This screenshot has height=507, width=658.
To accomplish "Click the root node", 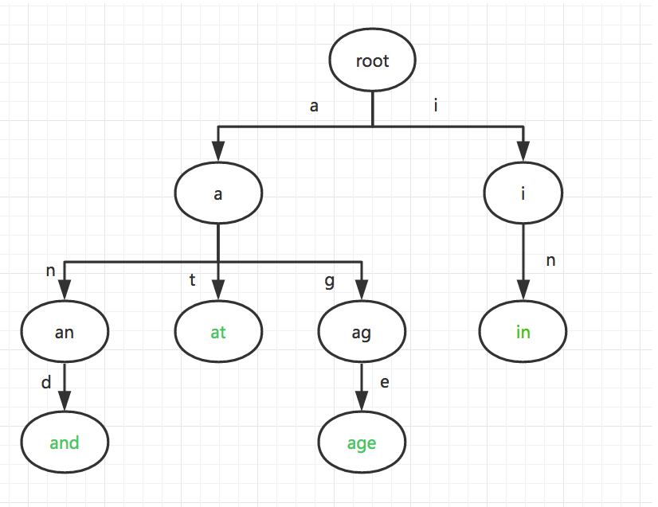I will pyautogui.click(x=373, y=61).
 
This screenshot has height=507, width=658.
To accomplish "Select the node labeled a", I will pyautogui.click(x=218, y=193).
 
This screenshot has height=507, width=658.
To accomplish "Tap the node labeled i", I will pyautogui.click(x=523, y=193).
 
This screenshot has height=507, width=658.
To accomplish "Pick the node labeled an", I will pyautogui.click(x=65, y=333).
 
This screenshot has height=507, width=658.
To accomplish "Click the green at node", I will pyautogui.click(x=218, y=333).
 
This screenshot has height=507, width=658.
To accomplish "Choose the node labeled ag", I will pyautogui.click(x=361, y=333).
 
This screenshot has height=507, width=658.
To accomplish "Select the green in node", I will pyautogui.click(x=523, y=332).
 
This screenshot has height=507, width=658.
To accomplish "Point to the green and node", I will pyautogui.click(x=65, y=443).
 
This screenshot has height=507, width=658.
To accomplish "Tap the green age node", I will pyautogui.click(x=362, y=443).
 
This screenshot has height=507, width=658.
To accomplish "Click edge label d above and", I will pyautogui.click(x=45, y=383).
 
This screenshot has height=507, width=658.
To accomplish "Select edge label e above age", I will pyautogui.click(x=385, y=383).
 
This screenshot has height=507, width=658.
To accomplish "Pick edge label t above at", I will pyautogui.click(x=191, y=279).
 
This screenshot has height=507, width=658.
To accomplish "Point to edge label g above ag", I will pyautogui.click(x=330, y=281).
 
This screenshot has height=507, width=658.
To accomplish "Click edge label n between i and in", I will pyautogui.click(x=550, y=260).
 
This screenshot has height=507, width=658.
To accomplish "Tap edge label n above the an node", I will pyautogui.click(x=50, y=271).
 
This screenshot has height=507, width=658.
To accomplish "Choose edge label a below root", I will pyautogui.click(x=314, y=106).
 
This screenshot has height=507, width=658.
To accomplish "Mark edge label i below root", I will pyautogui.click(x=436, y=105).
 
